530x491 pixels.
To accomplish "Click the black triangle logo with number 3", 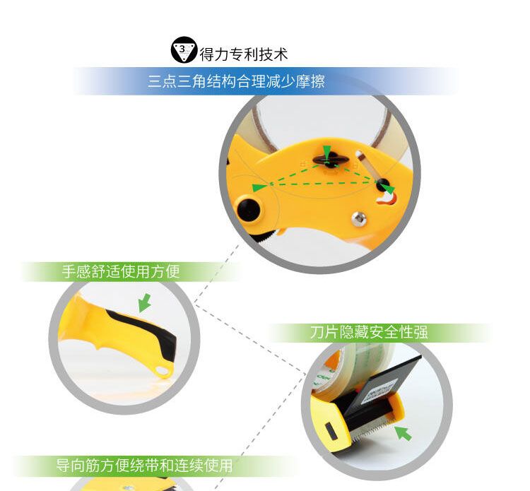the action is tap(184, 49).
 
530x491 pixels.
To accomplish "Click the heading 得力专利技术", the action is tap(243, 54).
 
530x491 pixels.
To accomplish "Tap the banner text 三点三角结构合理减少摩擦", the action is tap(236, 81).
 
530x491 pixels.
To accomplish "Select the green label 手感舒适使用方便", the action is tap(121, 271).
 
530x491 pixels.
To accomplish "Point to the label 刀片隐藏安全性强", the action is tap(369, 332).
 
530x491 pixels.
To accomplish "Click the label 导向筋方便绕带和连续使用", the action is tap(144, 466).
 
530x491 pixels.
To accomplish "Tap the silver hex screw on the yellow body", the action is tap(358, 218).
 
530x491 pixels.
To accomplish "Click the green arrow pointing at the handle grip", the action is tap(145, 303).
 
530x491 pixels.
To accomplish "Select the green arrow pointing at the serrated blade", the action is tap(403, 433).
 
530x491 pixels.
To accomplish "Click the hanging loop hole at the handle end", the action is tap(164, 372).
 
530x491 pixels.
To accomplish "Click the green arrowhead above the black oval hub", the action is tap(326, 151).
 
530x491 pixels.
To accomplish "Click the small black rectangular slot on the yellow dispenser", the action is tap(330, 431).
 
